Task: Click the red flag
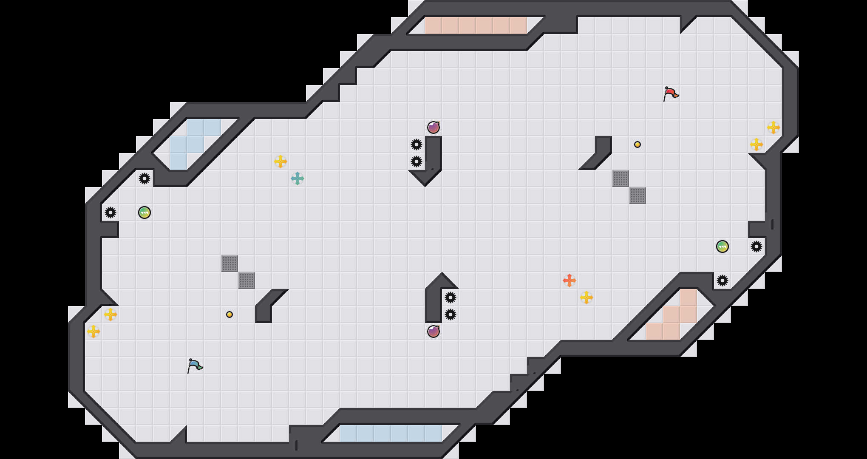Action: point(671,93)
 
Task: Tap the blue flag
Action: point(195,365)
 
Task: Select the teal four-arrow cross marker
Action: point(297,178)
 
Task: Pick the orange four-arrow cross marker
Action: point(569,280)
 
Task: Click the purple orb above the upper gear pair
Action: point(433,127)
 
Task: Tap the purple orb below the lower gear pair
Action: point(433,331)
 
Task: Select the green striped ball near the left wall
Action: point(144,212)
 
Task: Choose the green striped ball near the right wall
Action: point(722,246)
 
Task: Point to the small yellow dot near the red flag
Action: point(637,144)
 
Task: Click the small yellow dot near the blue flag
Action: point(229,314)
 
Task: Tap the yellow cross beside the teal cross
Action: point(280,161)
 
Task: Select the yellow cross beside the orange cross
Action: point(586,297)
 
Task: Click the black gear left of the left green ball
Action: point(110,212)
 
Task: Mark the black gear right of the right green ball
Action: point(756,246)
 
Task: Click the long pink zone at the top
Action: point(476,25)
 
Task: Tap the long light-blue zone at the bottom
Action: point(391,433)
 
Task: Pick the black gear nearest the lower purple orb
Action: point(450,314)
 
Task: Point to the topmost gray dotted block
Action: point(620,178)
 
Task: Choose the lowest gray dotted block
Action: point(246,280)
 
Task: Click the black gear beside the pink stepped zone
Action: point(722,280)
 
